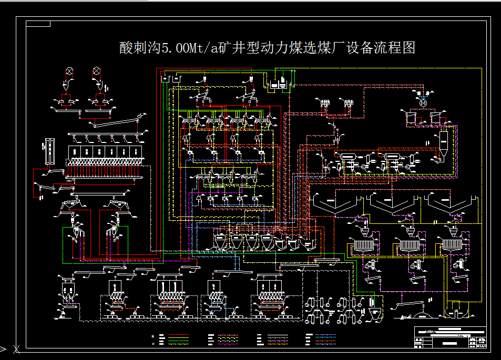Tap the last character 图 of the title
408,48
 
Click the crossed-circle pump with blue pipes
422,104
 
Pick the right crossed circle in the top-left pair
97,71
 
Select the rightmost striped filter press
451,244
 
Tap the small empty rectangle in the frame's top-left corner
38,23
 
